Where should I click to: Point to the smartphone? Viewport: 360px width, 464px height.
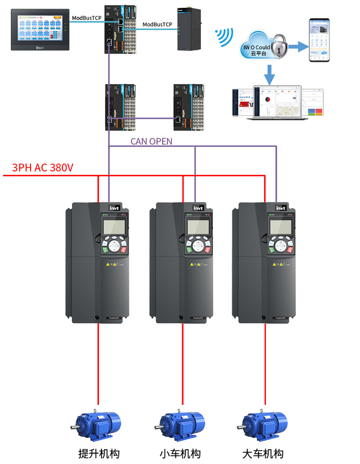pyautogui.click(x=320, y=40)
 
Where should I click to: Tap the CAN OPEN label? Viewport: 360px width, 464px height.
pyautogui.click(x=151, y=141)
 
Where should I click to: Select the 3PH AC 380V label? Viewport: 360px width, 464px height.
pyautogui.click(x=43, y=167)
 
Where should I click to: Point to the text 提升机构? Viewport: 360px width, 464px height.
pyautogui.click(x=97, y=453)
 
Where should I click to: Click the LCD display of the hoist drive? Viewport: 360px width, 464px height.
pyautogui.click(x=113, y=226)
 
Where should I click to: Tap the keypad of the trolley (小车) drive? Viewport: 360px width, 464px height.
pyautogui.click(x=197, y=246)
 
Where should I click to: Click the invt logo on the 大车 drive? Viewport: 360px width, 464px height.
pyautogui.click(x=280, y=208)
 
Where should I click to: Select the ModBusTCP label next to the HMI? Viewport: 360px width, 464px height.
pyautogui.click(x=86, y=18)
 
